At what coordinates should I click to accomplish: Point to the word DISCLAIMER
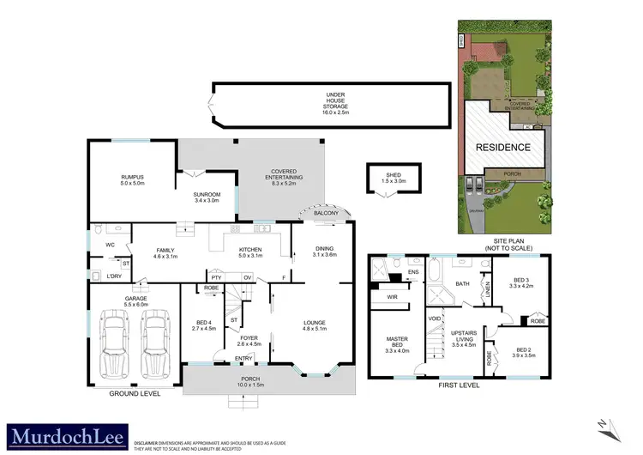tap(152, 433)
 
